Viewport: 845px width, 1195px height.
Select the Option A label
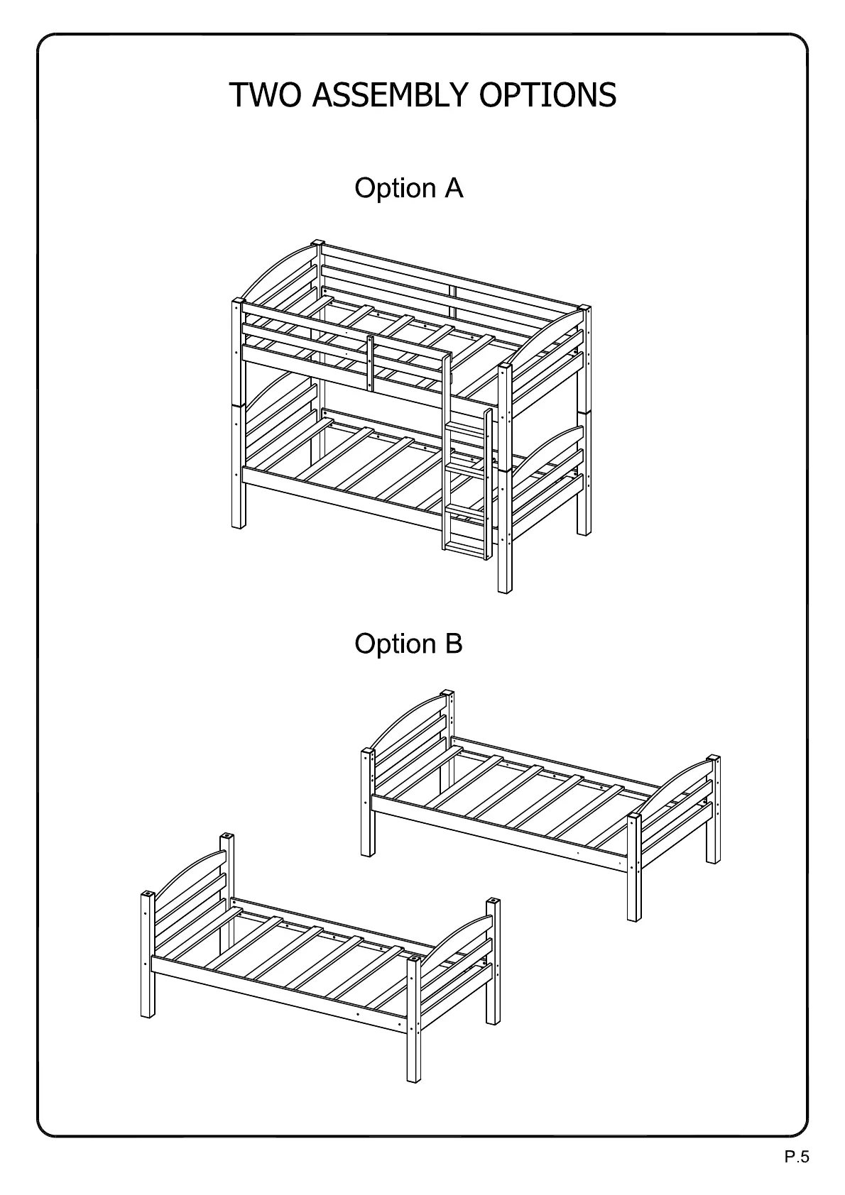[408, 188]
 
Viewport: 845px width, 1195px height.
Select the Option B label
[408, 644]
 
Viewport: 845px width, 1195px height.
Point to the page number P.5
[797, 1158]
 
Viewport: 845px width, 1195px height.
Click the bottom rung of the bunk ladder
[464, 546]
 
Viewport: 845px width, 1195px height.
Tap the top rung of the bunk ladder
[464, 428]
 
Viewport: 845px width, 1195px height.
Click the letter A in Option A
[454, 188]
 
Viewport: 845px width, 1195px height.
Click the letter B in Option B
[454, 644]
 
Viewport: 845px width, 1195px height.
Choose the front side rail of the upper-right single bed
[497, 834]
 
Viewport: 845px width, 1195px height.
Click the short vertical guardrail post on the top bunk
[370, 362]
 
